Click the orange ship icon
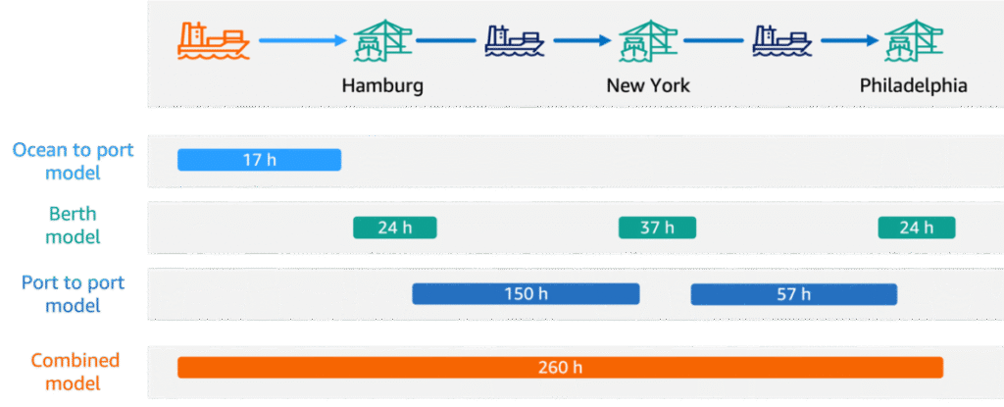coord(213,41)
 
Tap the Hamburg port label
coord(382,86)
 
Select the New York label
coord(648,86)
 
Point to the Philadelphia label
coord(913,86)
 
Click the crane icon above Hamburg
coord(383,41)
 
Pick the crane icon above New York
coord(649,41)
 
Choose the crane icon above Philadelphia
coord(914,41)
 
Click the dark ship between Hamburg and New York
coord(515,41)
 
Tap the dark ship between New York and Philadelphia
coord(781,41)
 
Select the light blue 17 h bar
coord(259,160)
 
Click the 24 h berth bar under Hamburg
coord(394,228)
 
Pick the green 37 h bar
coord(657,228)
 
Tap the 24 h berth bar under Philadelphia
coord(917,228)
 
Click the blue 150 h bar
coord(526,294)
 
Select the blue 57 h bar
coord(794,294)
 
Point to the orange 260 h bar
coord(560,367)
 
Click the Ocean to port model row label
coord(73,161)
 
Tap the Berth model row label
coord(73,225)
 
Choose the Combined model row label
coord(75,372)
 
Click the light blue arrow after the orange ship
coord(302,40)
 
